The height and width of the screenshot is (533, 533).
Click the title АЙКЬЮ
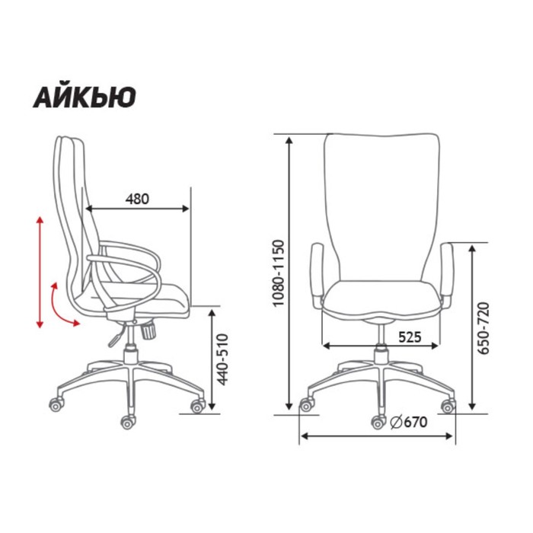coord(85,97)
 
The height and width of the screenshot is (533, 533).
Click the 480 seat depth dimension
coord(137,199)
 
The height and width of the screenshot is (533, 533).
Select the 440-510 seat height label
coord(222,359)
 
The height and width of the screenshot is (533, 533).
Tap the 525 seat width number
coord(410,337)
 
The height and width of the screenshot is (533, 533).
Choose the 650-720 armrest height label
coord(483,327)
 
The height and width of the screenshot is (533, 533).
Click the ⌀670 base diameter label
coord(409,422)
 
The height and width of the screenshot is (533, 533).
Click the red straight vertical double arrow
coord(40,273)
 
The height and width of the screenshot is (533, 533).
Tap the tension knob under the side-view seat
coord(148,330)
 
